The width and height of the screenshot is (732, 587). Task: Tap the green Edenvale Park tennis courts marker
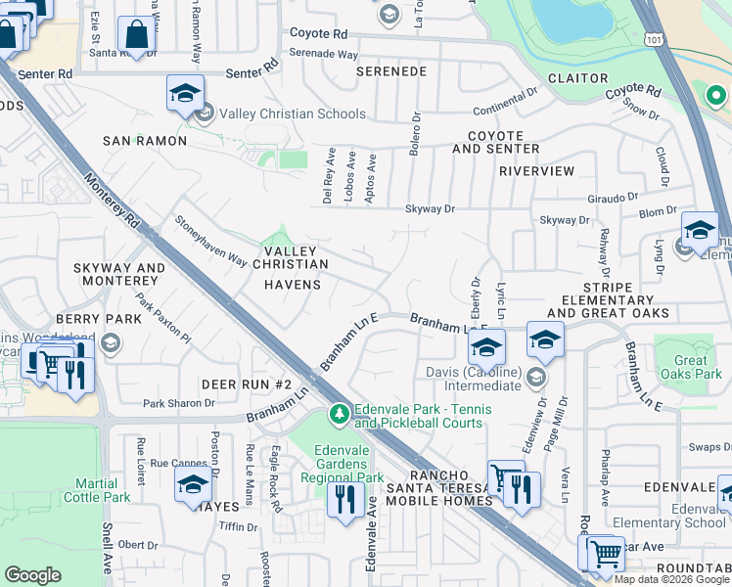pos(340,415)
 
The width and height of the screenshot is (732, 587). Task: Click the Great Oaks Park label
pos(690,367)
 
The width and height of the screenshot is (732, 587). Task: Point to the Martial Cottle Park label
pos(102,490)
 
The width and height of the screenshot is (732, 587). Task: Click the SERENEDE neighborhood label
pos(391,71)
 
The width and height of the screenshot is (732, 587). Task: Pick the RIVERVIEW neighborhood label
pos(536,170)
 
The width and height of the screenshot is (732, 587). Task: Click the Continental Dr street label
pos(506,111)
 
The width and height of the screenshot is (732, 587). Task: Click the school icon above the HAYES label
pos(194,483)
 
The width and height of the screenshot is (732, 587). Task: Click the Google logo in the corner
pos(33,575)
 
